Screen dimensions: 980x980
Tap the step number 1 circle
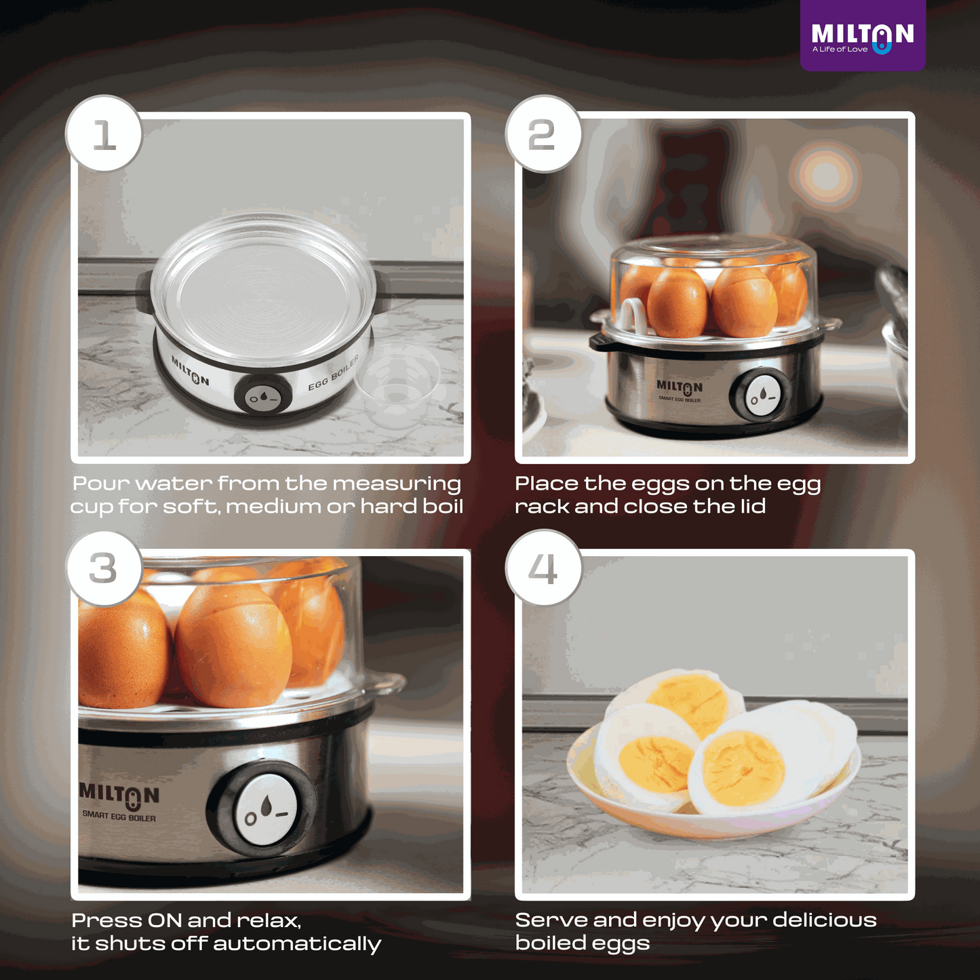click(104, 134)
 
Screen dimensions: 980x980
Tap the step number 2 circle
click(543, 134)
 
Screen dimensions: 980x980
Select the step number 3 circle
click(104, 568)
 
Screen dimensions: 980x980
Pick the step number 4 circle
click(543, 568)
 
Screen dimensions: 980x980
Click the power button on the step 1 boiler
click(263, 397)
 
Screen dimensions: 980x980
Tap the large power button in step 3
click(267, 810)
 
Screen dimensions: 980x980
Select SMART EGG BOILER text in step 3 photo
click(119, 816)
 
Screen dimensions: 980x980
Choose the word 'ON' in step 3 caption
click(165, 921)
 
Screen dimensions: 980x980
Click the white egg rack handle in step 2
click(631, 315)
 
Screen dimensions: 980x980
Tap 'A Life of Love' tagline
click(840, 50)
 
